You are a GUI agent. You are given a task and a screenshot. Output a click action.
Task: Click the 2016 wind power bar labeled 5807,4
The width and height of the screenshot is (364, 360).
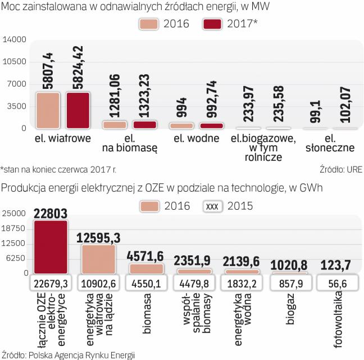click(x=48, y=110)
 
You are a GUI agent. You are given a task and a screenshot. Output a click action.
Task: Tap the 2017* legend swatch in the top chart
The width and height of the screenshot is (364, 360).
click(x=212, y=24)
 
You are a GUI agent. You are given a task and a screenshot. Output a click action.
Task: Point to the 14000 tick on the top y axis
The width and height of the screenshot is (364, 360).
click(x=15, y=39)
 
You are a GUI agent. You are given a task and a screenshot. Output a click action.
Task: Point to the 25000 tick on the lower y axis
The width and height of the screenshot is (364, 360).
click(x=15, y=213)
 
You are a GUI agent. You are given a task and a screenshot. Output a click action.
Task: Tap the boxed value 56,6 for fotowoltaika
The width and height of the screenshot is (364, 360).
click(x=336, y=283)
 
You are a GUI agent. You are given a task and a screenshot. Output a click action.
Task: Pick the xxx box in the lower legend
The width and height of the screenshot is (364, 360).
click(x=212, y=206)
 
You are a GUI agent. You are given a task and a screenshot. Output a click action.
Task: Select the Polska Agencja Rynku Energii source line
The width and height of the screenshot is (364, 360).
click(x=69, y=354)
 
